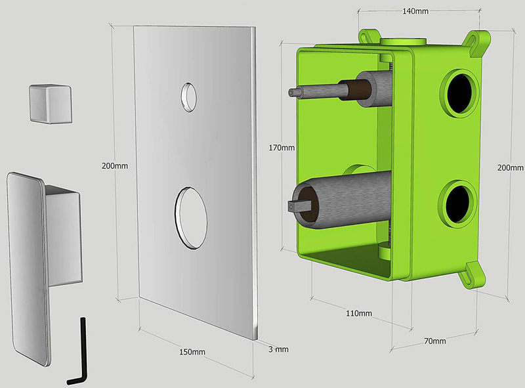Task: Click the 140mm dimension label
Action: [415, 11]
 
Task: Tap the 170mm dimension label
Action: [282, 148]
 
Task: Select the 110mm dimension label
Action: [359, 313]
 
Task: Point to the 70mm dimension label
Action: [435, 341]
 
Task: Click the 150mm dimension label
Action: [192, 352]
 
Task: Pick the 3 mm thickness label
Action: [278, 349]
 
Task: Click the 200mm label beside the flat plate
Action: [115, 166]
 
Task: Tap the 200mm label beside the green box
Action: [511, 167]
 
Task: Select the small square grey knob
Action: [51, 104]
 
